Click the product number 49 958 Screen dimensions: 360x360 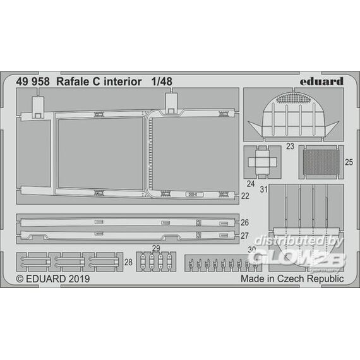[33, 81]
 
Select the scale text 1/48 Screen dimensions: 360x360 [162, 81]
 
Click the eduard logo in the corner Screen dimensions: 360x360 [321, 81]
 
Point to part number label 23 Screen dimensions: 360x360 [290, 147]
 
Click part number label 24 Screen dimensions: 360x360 [251, 184]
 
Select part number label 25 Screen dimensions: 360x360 [349, 162]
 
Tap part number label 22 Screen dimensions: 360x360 [245, 196]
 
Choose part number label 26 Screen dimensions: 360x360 [245, 222]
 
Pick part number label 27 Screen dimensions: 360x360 [245, 236]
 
